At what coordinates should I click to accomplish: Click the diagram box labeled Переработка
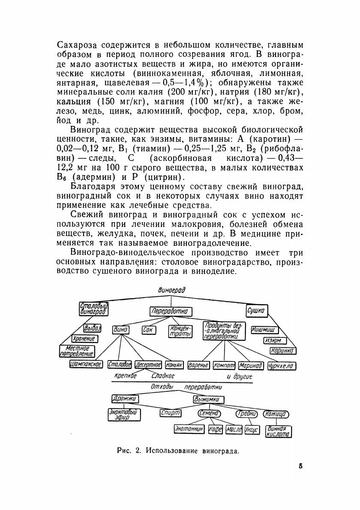tap(171, 311)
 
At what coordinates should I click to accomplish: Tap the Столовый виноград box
tap(94, 309)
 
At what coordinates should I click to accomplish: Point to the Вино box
tap(121, 330)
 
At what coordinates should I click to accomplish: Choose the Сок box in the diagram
tap(148, 331)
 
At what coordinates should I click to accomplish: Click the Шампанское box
tap(86, 364)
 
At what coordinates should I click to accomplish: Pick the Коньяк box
tap(174, 365)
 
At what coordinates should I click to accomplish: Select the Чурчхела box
tap(282, 366)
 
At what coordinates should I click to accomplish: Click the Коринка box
tap(282, 351)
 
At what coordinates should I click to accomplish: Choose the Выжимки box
tap(208, 399)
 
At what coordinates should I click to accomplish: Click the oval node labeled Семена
tap(209, 414)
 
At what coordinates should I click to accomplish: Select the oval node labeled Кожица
tap(276, 414)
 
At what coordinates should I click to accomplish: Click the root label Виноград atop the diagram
tap(171, 290)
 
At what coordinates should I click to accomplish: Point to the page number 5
tap(301, 466)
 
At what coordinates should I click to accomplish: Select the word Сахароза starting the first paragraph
tap(78, 45)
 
